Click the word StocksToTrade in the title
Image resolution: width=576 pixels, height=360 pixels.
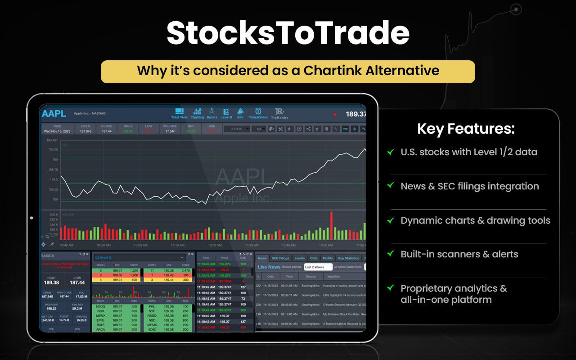288,33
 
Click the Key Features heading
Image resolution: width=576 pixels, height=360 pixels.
466,129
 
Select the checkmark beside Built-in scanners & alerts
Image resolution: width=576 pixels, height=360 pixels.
391,254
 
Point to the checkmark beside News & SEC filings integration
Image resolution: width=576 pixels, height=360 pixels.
391,186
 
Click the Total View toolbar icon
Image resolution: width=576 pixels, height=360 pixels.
179,113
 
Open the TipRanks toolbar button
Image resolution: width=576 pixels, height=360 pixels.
279,113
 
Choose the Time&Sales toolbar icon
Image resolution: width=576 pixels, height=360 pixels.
258,113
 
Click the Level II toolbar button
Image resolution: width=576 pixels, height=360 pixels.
226,113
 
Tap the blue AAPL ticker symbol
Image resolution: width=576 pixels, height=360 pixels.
54,113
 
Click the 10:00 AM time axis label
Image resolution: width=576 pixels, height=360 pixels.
140,245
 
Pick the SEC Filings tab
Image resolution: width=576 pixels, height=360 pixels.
280,258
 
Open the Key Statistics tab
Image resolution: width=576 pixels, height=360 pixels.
348,258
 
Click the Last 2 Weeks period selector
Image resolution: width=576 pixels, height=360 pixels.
318,267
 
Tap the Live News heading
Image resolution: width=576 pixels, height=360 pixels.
269,267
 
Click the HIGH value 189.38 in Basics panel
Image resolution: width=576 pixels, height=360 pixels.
52,282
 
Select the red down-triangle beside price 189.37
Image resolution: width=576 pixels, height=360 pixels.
335,115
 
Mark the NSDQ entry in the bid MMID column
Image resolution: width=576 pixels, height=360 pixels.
101,306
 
